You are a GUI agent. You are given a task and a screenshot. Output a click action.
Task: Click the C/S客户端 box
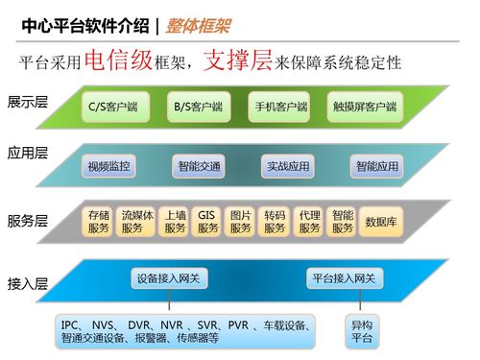[111, 107]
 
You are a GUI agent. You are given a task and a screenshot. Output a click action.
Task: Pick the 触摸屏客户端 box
[362, 107]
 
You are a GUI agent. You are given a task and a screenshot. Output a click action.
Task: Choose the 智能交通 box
[199, 166]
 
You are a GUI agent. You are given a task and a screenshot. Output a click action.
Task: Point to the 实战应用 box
[288, 166]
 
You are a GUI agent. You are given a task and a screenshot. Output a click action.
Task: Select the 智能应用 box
[377, 166]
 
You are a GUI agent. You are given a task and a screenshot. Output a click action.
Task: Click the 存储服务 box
[99, 222]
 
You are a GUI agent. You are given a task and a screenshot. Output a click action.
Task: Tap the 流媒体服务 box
[137, 222]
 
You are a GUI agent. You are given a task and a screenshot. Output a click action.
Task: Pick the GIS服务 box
[207, 222]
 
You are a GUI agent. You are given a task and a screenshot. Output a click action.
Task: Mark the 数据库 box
[381, 222]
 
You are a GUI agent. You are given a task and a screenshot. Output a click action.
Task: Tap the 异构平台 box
[362, 331]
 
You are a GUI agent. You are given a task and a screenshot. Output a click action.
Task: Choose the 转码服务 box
[276, 222]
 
